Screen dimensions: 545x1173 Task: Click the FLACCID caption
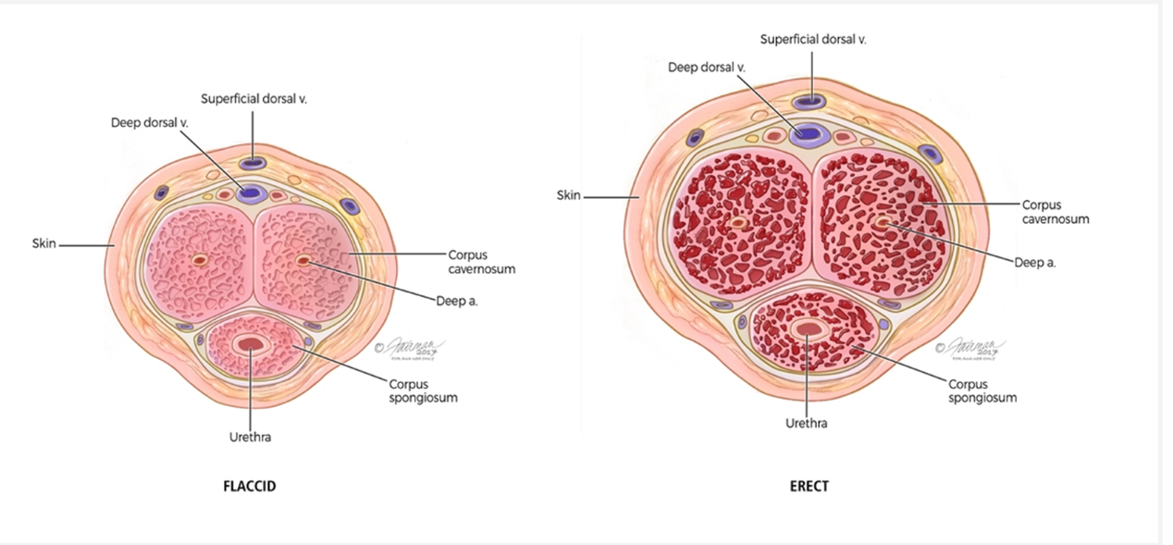[x=250, y=487]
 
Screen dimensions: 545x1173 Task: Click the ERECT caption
[x=809, y=487]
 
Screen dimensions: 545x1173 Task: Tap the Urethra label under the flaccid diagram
[x=250, y=437]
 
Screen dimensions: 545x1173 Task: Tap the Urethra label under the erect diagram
[x=807, y=423]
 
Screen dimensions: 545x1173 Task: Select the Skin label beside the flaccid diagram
[x=44, y=244]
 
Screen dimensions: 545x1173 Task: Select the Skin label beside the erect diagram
[x=568, y=195]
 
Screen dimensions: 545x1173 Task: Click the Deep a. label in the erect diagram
[x=1035, y=262]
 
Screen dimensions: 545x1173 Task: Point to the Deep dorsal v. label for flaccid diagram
[x=149, y=122]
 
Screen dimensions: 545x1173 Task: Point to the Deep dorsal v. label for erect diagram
[x=707, y=67]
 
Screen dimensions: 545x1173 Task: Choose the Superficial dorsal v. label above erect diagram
[x=813, y=39]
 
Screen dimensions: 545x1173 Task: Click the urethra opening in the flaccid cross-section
[x=250, y=344]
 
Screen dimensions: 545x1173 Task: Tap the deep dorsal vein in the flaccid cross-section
[x=250, y=193]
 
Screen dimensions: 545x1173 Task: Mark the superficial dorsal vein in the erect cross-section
[x=812, y=100]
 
